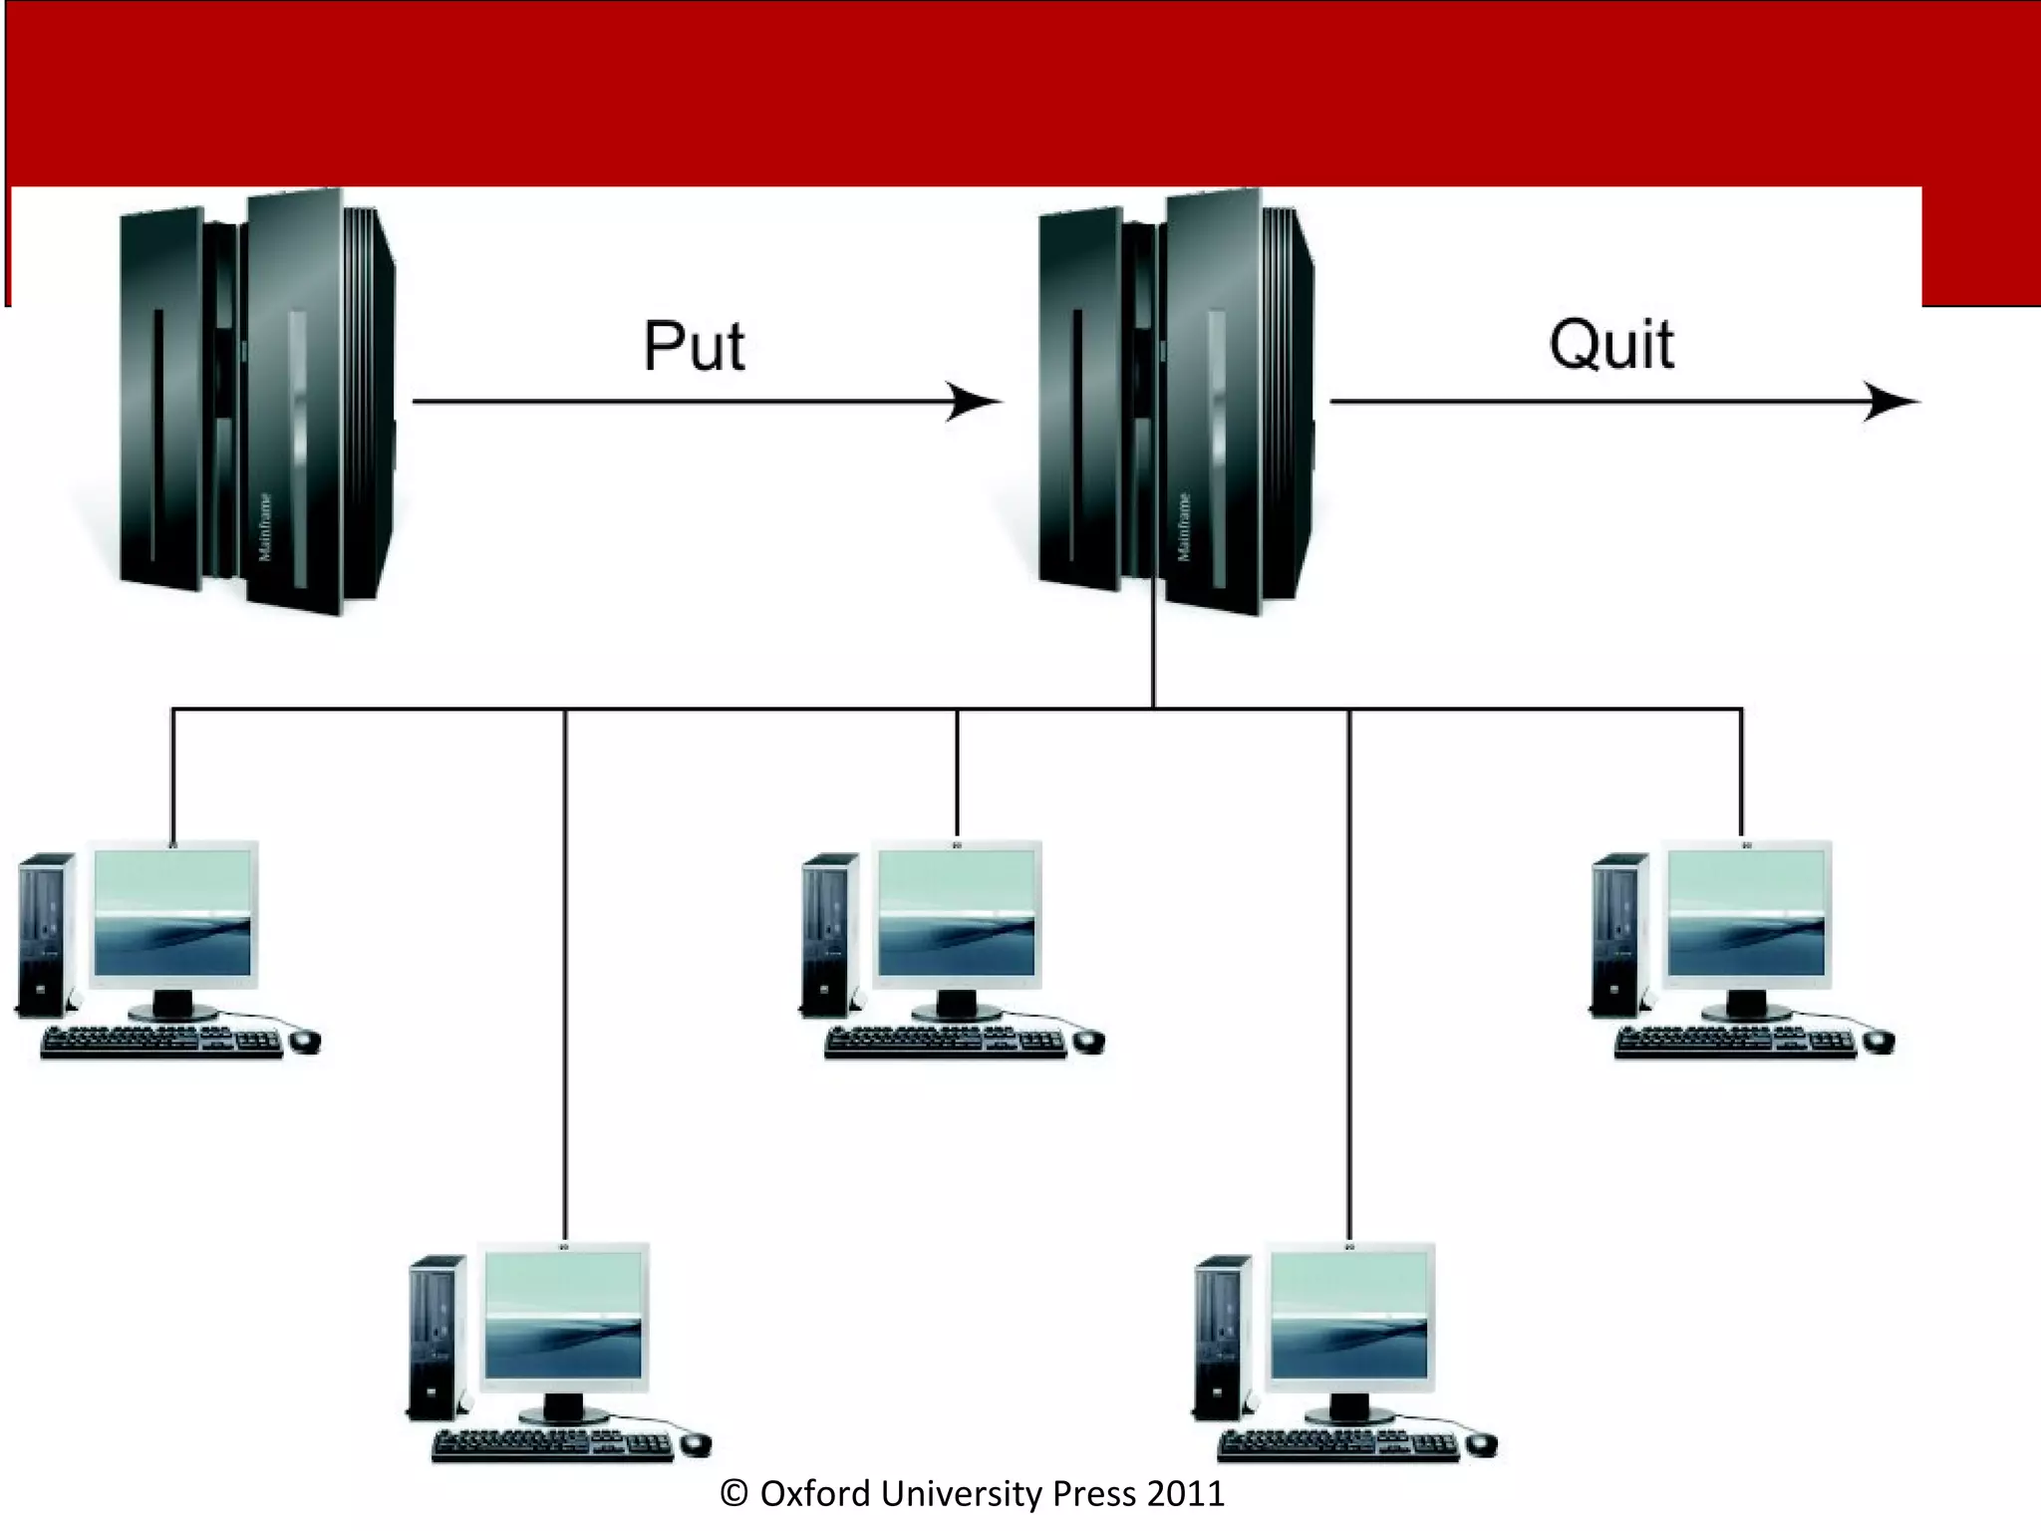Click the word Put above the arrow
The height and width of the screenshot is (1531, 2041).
coord(694,347)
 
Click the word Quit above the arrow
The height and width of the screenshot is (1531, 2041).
coord(1610,345)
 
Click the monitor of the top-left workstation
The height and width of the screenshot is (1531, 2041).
coord(172,915)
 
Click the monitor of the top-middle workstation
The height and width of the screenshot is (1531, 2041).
coord(957,915)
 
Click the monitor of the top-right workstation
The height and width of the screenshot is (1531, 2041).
coord(1746,915)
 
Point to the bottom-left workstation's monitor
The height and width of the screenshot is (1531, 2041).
coord(564,1317)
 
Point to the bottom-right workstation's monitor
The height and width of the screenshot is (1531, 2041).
coord(1349,1317)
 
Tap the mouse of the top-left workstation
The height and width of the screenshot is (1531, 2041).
coord(305,1042)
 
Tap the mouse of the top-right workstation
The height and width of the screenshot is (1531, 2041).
coord(1879,1042)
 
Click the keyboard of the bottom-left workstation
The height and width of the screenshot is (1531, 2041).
coord(553,1445)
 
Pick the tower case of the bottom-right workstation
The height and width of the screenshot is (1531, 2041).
coord(1222,1336)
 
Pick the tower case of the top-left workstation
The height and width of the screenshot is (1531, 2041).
coord(46,934)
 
